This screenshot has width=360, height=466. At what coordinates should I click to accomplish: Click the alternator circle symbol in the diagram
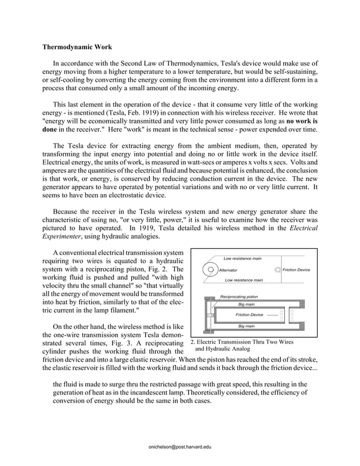[210, 270]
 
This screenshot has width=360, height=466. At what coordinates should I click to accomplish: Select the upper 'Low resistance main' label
[243, 258]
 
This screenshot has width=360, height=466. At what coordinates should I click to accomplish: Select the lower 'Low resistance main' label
[244, 280]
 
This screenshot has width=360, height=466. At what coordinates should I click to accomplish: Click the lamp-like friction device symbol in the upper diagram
[277, 270]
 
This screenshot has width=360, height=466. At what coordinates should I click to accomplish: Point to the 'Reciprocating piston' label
[239, 296]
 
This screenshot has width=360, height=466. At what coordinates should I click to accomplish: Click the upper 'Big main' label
[246, 304]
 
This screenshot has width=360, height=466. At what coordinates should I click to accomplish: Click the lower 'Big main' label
[246, 326]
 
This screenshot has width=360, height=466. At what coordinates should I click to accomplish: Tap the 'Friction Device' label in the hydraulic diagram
[249, 314]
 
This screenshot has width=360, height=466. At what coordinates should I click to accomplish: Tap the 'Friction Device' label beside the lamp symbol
[296, 270]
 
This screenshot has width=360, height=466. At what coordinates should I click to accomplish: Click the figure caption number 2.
[192, 341]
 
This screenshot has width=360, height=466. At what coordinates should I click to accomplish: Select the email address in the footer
[179, 446]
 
